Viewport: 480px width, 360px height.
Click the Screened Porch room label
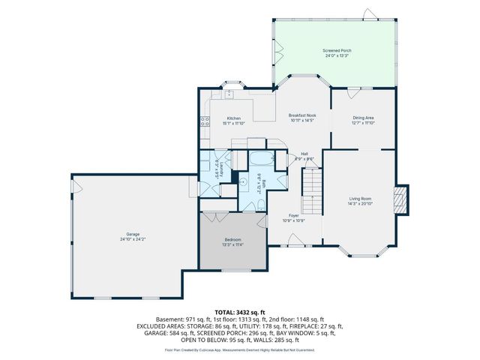337,50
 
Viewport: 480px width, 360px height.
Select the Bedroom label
232,239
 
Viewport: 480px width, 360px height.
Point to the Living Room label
360,198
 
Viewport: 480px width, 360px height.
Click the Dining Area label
364,118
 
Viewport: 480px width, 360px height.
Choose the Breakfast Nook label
302,115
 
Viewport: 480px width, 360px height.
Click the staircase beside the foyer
311,187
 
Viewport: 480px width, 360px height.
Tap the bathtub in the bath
262,160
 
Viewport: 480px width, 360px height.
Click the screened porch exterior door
367,14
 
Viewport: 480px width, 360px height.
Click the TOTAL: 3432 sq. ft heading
239,311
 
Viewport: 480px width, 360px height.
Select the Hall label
304,154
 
